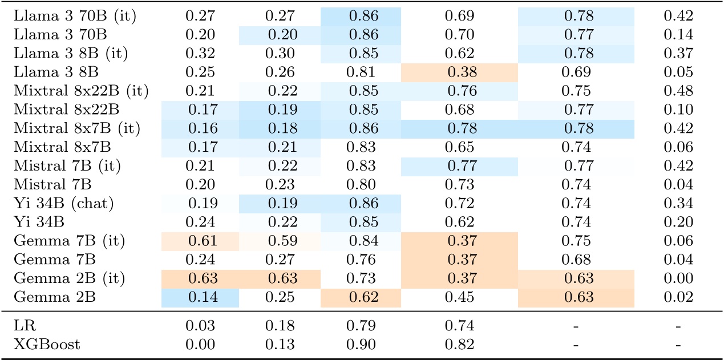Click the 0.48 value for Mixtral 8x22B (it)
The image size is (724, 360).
[x=678, y=91]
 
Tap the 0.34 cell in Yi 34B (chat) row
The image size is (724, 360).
[x=678, y=203]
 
